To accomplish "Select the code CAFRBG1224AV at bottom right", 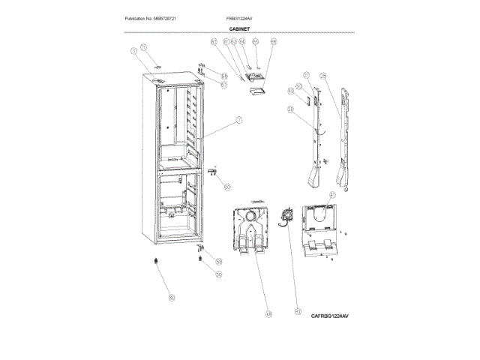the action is point(330,316).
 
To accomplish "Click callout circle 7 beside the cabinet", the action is point(239,120).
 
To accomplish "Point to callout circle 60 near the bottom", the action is point(171,298).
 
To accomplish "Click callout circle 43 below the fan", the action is point(298,311).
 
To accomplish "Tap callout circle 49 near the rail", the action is point(291,92).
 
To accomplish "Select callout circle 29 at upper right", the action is point(322,75).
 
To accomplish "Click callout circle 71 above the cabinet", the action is point(145,47).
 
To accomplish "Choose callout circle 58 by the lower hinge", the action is point(219,260).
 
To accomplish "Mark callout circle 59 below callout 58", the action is point(219,275).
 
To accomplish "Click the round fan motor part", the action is point(284,217).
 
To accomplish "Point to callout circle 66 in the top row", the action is point(273,43).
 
